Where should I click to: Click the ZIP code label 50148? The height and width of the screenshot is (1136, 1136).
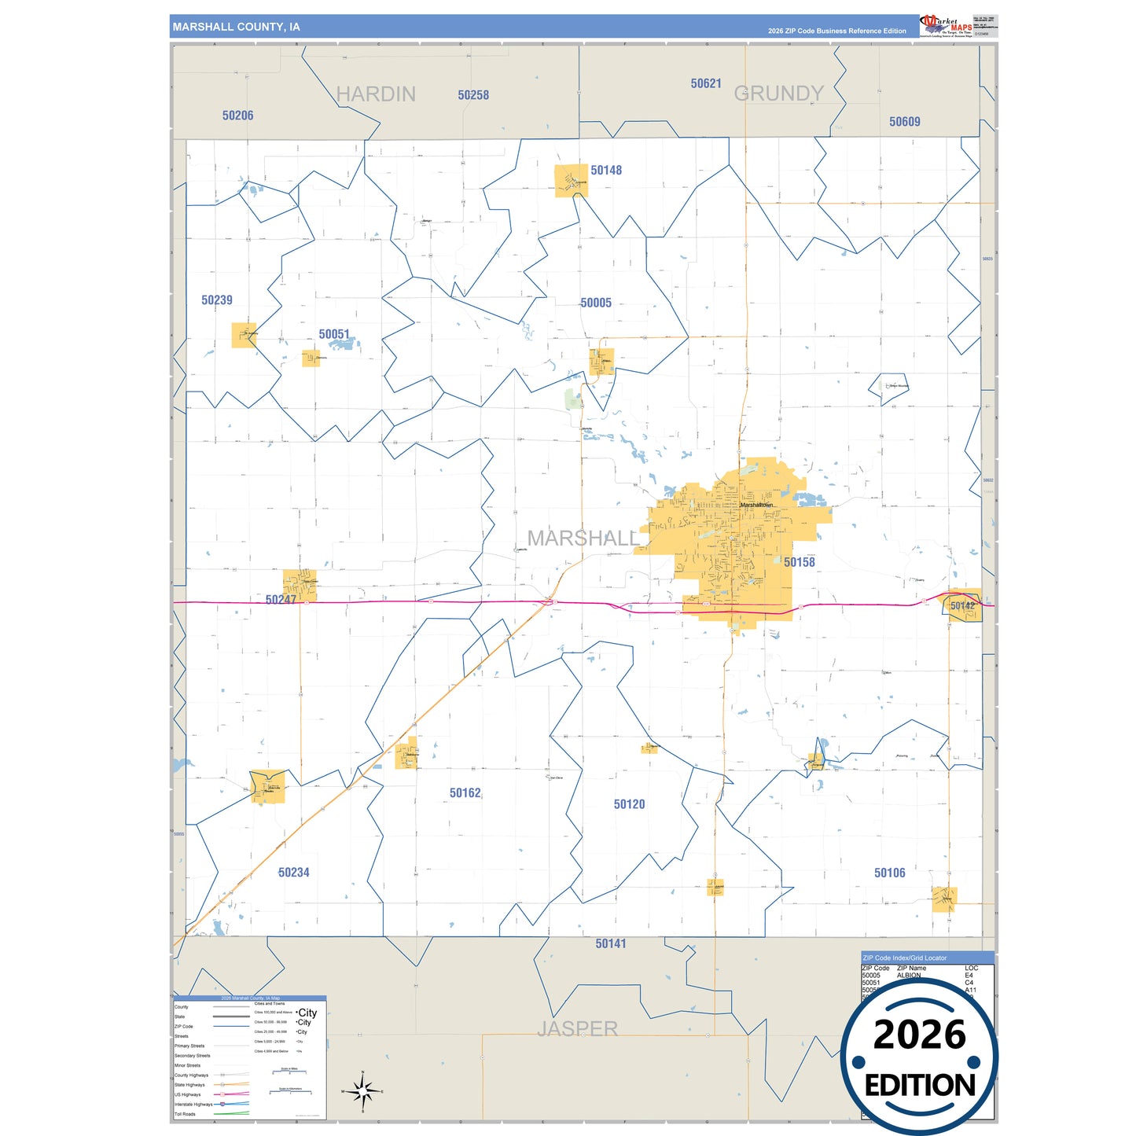point(606,170)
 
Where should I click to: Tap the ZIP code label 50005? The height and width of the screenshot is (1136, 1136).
point(596,303)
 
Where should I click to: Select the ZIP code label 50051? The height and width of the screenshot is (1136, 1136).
point(334,334)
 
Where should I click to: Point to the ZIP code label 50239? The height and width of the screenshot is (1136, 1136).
point(217,300)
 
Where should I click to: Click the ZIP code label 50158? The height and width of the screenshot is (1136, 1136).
point(799,562)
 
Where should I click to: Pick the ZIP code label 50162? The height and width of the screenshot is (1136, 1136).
point(465,793)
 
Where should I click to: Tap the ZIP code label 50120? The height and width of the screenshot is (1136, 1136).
point(629,804)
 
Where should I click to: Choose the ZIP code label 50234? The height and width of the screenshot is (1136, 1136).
point(294,872)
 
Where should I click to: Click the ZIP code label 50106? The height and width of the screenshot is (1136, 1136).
point(889,873)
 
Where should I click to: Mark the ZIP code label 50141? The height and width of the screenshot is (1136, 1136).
point(611,943)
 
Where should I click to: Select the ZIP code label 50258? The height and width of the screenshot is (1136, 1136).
point(473,95)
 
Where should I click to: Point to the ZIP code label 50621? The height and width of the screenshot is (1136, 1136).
point(706,83)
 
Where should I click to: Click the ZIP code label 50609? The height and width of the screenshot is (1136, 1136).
point(905,122)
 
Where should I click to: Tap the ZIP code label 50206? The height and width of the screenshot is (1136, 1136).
point(237,116)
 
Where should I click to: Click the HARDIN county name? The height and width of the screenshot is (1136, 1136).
point(376,94)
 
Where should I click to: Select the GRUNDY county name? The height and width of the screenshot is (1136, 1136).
point(778,94)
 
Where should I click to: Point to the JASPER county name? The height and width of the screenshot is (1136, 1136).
point(577,1028)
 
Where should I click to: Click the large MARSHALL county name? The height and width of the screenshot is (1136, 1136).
point(583,539)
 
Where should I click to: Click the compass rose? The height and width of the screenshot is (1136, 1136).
point(362,1091)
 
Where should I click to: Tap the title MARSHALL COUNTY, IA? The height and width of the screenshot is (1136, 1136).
point(236,27)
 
